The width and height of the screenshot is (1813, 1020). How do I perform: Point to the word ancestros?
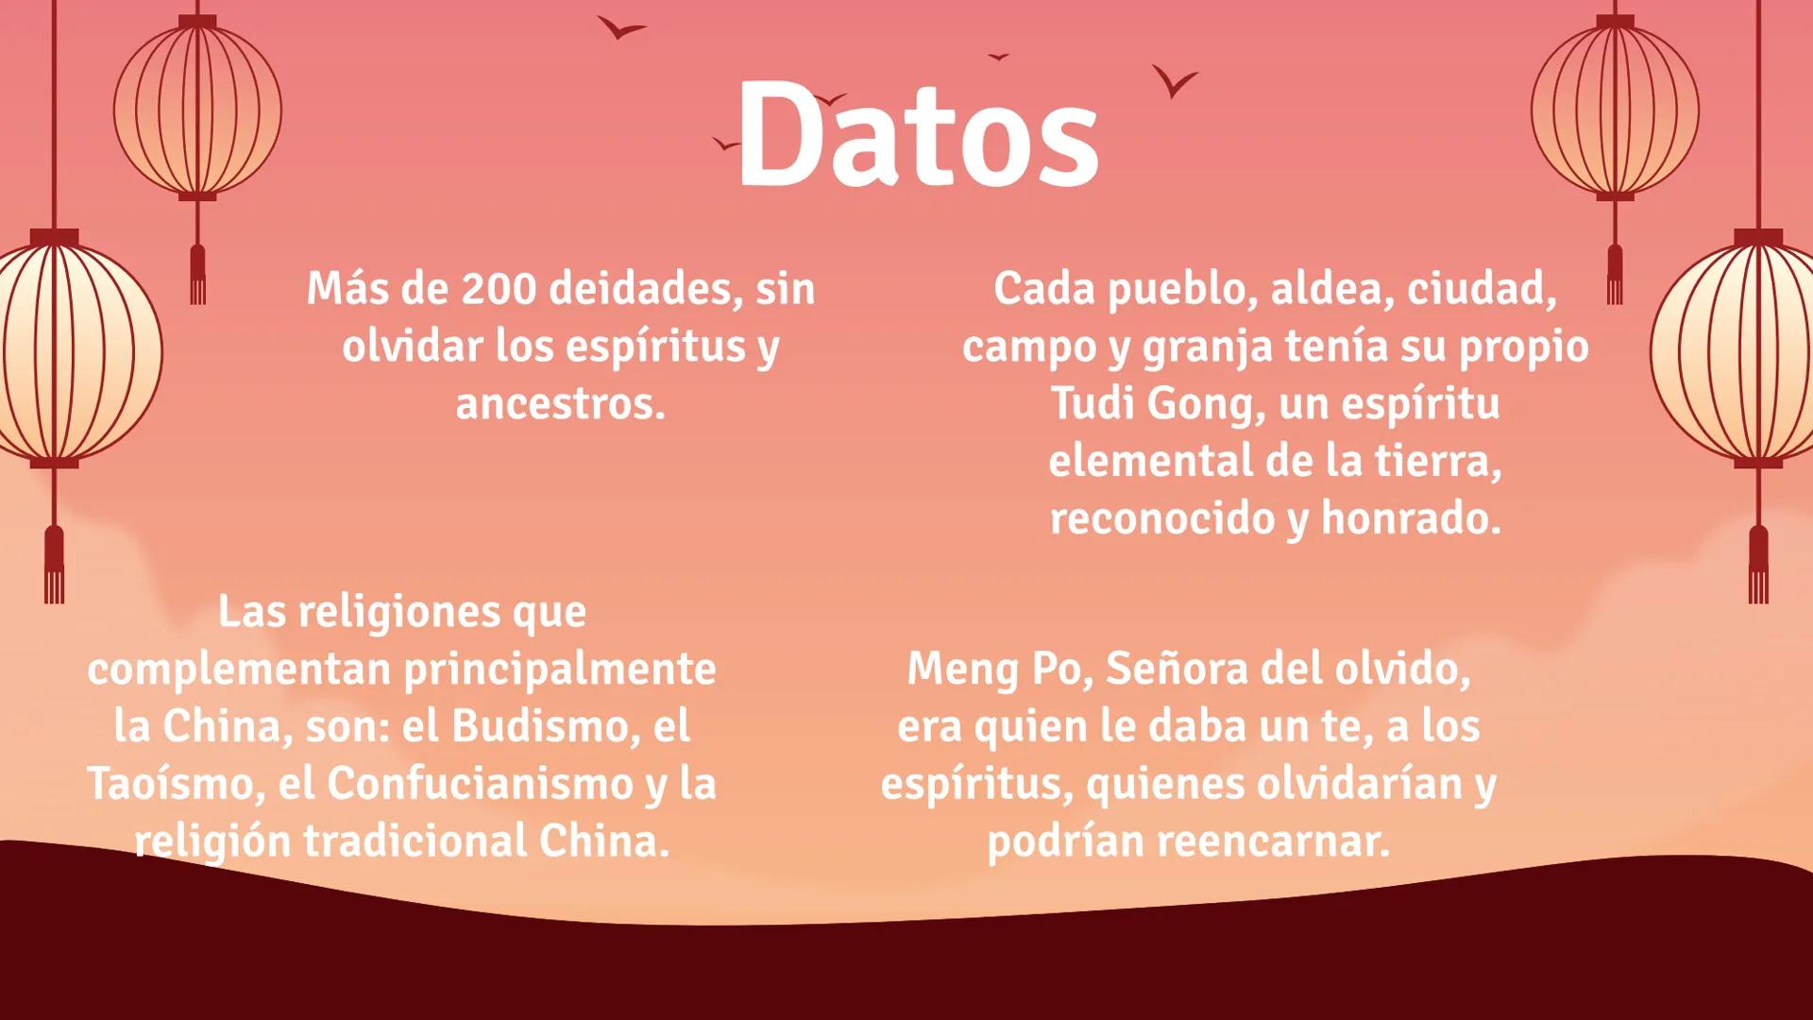560,404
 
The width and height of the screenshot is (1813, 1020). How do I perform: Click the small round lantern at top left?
197,108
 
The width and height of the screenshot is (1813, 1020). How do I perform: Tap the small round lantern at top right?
1615,108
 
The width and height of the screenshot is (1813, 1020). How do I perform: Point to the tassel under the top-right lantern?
1615,274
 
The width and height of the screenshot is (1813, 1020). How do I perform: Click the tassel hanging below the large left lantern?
54,565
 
